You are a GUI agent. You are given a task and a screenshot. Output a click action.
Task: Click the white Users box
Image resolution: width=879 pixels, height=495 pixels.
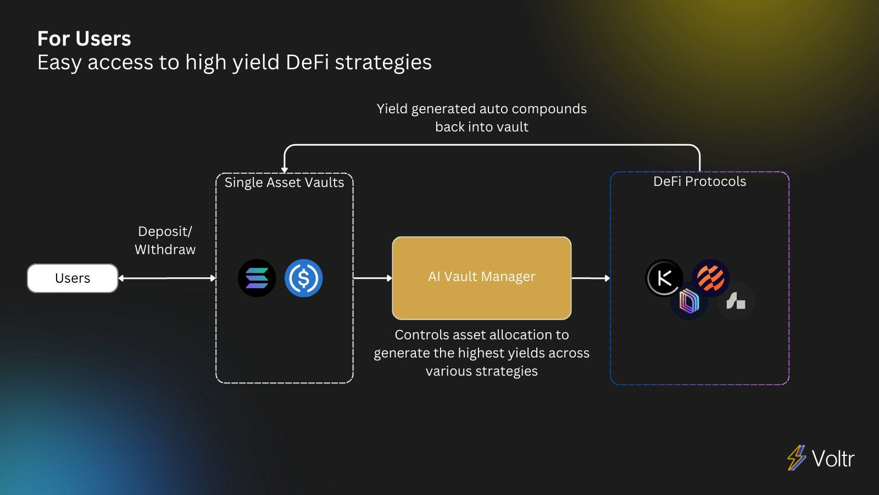73,278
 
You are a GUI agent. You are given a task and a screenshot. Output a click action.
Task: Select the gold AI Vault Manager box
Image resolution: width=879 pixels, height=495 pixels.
482,277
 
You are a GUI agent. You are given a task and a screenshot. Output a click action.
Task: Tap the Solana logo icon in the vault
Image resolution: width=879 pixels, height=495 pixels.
257,278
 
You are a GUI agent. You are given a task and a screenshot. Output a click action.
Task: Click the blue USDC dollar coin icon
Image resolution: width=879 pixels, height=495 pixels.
303,278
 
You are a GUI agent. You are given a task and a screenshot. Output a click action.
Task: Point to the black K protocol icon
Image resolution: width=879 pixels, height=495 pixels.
664,278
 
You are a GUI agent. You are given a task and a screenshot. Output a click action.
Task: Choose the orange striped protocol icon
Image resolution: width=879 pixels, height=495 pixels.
711,277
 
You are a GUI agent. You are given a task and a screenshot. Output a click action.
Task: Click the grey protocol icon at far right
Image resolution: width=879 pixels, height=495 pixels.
736,301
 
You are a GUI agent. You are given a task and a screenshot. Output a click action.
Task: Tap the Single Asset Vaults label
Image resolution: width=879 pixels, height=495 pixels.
284,183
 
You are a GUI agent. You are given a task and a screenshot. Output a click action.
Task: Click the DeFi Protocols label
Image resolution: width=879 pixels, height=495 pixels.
699,182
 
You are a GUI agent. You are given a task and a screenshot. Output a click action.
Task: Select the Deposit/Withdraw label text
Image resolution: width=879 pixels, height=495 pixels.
165,240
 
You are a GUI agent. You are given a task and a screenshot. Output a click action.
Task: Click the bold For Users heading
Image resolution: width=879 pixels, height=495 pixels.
84,39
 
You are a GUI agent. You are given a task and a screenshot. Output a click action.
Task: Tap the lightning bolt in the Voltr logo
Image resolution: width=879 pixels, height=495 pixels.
796,458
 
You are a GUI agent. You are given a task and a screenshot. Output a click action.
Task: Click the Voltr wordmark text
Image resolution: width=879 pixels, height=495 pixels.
833,459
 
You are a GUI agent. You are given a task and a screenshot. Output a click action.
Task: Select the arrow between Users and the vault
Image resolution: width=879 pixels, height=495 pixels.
167,278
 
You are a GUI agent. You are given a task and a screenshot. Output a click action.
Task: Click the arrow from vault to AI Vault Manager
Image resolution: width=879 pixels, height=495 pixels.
372,278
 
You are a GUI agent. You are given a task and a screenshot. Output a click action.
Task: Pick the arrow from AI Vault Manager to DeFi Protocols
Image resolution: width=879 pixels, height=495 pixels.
591,278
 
